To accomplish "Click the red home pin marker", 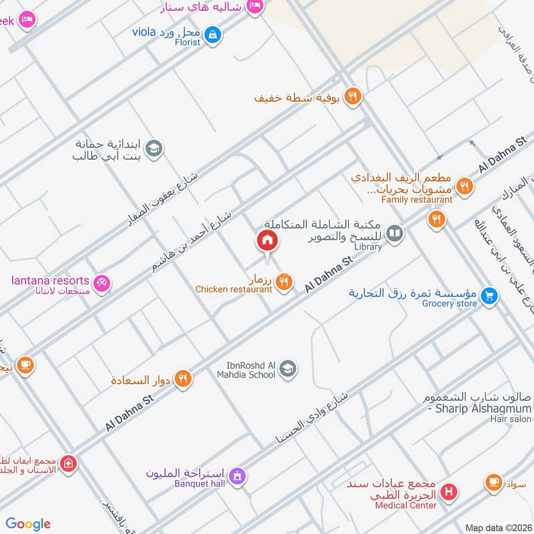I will click(x=267, y=241).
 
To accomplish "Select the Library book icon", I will click(x=395, y=232).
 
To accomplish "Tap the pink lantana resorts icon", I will click(x=102, y=284).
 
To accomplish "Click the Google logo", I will click(x=28, y=524).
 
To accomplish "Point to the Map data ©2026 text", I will click(x=498, y=527).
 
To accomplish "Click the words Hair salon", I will click(x=512, y=419).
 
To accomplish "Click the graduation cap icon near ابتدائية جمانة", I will click(x=154, y=149).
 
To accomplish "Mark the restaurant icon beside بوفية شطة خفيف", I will click(x=353, y=97).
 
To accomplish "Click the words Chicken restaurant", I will click(x=234, y=290).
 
